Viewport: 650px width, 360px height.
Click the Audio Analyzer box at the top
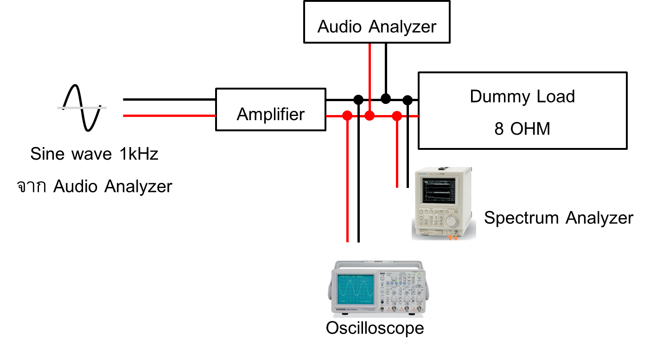(x=376, y=22)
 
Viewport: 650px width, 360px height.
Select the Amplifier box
(x=270, y=109)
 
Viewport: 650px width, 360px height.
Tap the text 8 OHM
(x=522, y=129)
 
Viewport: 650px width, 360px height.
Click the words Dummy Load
(x=522, y=96)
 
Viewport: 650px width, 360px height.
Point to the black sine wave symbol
(x=82, y=108)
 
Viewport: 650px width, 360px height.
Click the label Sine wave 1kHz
(x=94, y=154)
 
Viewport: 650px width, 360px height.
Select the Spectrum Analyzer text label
(x=558, y=218)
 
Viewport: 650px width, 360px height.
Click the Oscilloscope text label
(x=375, y=328)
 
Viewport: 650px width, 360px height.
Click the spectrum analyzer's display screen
(x=436, y=190)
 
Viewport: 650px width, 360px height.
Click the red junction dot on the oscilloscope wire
(x=347, y=116)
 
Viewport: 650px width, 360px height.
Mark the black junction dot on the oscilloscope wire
(x=358, y=99)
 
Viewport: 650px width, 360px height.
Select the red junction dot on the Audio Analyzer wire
(x=369, y=116)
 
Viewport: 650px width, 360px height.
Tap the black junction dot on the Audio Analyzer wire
(x=385, y=98)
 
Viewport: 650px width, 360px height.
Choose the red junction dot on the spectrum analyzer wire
(x=397, y=116)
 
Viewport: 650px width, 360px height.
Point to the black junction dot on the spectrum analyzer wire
(x=408, y=99)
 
